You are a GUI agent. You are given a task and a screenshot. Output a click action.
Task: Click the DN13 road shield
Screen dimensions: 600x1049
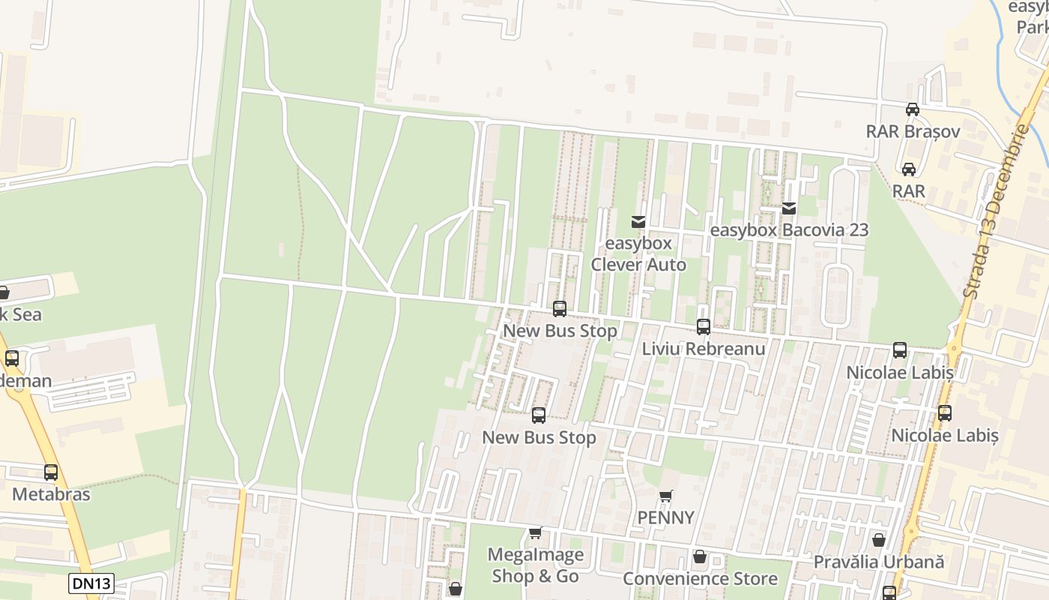tap(91, 583)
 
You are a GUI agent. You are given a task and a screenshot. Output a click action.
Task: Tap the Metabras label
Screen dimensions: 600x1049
tap(51, 494)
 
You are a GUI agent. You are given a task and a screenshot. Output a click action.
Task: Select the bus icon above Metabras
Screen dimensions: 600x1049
tap(51, 472)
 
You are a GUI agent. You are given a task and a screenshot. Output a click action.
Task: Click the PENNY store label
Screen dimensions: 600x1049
tap(665, 517)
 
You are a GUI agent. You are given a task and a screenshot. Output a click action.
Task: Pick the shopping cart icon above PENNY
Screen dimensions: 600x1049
tap(665, 496)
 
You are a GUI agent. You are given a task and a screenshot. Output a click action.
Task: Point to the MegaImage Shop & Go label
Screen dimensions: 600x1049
tap(535, 565)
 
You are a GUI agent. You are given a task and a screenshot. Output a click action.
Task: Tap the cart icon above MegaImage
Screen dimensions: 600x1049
tap(535, 533)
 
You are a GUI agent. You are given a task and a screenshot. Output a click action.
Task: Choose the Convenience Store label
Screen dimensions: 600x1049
tap(700, 578)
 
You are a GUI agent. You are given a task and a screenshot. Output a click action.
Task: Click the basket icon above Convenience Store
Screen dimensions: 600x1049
tap(700, 556)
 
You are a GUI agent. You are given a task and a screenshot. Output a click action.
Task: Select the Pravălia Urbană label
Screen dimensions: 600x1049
tap(878, 562)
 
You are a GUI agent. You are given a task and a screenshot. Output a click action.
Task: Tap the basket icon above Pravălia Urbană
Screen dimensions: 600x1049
tap(878, 540)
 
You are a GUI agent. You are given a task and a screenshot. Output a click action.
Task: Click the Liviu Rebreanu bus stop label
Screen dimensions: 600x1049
tap(704, 349)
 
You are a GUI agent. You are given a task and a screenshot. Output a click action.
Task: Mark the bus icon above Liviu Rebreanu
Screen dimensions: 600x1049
tap(704, 327)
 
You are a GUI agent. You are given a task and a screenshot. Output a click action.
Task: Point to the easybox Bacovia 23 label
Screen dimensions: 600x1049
tap(789, 230)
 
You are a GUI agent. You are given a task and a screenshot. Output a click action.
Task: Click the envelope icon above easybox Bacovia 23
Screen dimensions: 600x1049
tap(789, 208)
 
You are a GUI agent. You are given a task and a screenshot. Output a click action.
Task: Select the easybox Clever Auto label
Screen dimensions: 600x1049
tap(638, 254)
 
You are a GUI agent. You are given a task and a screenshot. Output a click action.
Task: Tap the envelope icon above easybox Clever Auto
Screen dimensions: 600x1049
tap(638, 222)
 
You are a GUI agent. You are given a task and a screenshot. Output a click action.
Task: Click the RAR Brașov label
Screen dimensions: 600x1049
tap(913, 131)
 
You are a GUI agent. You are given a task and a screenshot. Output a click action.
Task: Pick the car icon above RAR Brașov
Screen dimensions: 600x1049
tap(913, 109)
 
